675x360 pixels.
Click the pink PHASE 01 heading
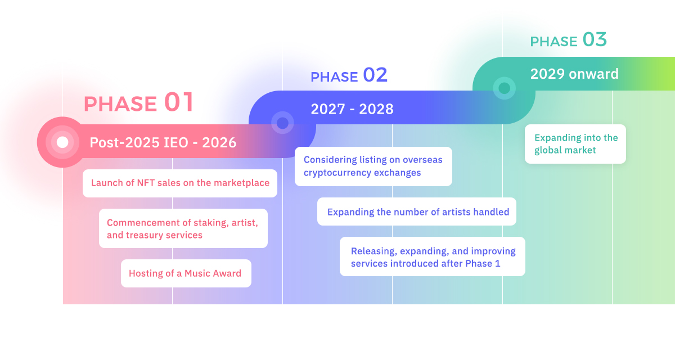click(138, 102)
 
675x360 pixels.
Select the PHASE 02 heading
click(349, 75)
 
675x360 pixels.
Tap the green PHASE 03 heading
click(568, 40)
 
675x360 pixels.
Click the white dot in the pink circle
click(62, 142)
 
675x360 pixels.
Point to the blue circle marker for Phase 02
click(282, 123)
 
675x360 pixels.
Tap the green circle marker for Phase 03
click(504, 88)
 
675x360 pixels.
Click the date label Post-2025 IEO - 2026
click(163, 142)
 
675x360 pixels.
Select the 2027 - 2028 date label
click(352, 109)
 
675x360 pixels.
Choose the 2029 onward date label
click(574, 74)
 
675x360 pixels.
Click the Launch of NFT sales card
click(180, 183)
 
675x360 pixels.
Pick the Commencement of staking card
click(183, 228)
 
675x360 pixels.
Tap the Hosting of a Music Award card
click(186, 273)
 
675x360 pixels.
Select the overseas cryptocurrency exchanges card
click(373, 166)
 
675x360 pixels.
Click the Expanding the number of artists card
click(417, 211)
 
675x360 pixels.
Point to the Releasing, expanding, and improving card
click(433, 256)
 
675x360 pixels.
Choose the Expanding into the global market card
click(575, 144)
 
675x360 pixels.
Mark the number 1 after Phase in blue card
click(497, 264)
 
